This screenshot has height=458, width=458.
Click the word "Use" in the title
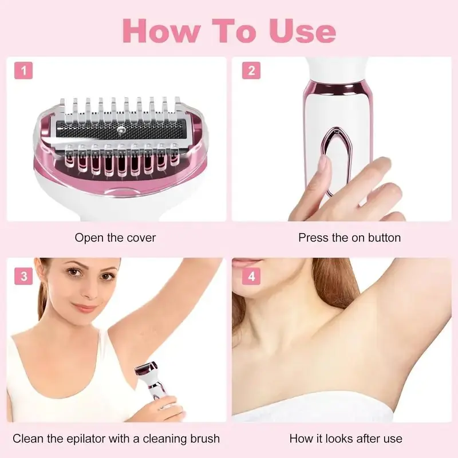tap(303, 31)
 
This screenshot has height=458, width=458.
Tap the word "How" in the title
tap(162, 31)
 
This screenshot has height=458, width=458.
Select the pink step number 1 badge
tap(23, 70)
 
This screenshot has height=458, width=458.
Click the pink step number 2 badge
tap(251, 70)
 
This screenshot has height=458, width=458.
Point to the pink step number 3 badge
tap(23, 276)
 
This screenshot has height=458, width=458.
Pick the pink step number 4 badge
tap(251, 276)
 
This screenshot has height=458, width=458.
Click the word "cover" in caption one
tap(141, 238)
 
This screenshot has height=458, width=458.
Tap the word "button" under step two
tap(384, 238)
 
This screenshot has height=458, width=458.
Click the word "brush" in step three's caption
tap(205, 439)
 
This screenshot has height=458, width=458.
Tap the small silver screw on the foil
tap(120, 130)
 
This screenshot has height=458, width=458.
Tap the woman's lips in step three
tap(84, 308)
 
